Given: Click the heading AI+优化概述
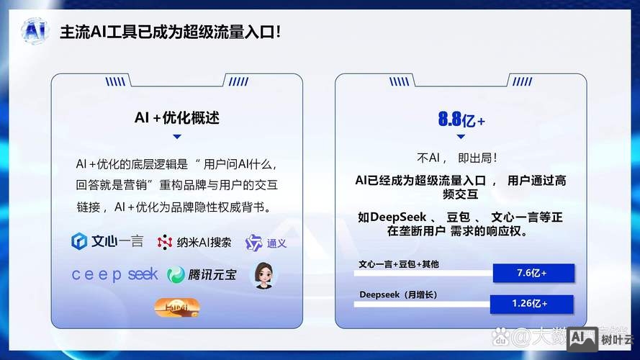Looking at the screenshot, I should click(177, 117).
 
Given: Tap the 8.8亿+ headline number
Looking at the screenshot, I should click(461, 120).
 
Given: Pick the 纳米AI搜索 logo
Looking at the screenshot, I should click(195, 243).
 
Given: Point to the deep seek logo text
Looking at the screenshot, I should click(114, 274).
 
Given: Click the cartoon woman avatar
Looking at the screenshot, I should click(263, 275).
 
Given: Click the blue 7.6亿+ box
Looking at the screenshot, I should click(533, 274).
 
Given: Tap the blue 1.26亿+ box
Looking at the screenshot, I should click(531, 304).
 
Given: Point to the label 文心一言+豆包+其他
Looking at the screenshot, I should click(398, 264).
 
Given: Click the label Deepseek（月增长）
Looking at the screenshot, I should click(398, 294).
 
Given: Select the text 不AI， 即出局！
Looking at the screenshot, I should click(458, 157).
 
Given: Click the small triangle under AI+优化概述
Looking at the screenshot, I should click(177, 136).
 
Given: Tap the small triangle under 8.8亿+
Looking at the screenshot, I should click(461, 139).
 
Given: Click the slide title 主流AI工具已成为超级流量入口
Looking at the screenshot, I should click(170, 32).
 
